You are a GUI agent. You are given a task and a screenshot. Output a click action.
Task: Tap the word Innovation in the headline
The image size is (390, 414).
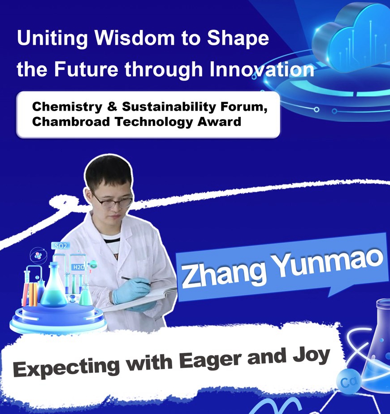pos(262,69)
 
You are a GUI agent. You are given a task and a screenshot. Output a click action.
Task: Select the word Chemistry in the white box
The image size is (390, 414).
pos(67,107)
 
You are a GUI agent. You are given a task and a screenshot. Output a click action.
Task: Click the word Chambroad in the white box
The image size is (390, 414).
pos(71,122)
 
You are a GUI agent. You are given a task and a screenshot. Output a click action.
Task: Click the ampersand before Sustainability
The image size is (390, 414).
pos(112,107)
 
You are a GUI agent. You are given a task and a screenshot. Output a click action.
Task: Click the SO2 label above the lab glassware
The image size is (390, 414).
pos(61,246)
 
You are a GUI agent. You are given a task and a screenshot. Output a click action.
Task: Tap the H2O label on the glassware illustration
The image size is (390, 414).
pos(78,267)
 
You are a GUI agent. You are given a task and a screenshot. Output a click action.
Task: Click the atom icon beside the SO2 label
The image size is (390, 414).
pos(39,255)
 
